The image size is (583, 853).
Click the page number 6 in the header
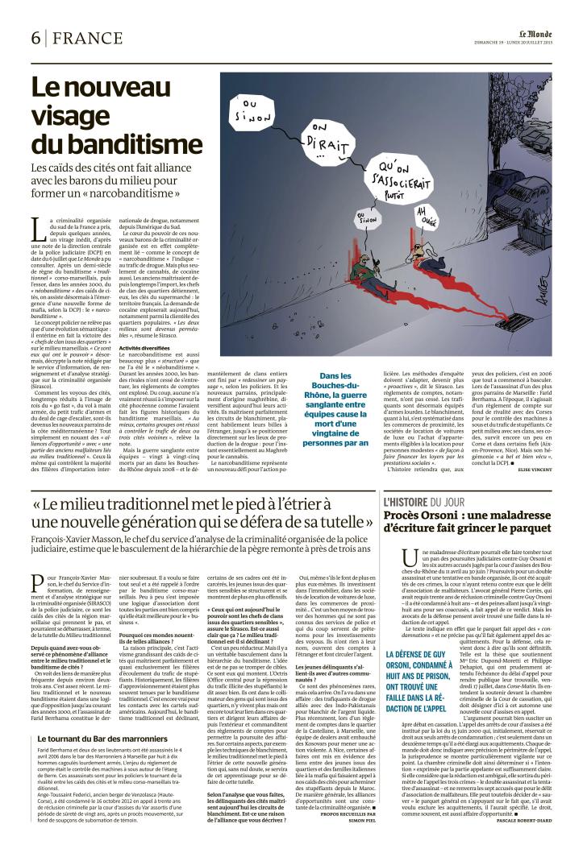tap(36, 39)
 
